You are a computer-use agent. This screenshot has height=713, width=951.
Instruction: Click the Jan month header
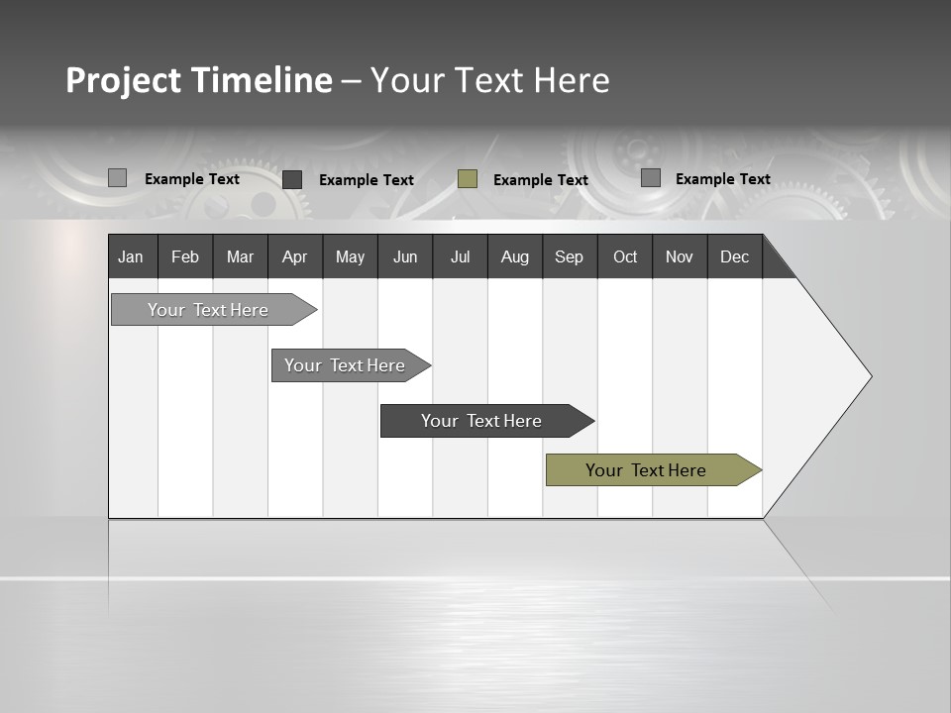pyautogui.click(x=132, y=256)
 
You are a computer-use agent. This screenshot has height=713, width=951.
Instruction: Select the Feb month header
pyautogui.click(x=185, y=256)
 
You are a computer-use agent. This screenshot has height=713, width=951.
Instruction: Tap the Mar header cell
pyautogui.click(x=240, y=256)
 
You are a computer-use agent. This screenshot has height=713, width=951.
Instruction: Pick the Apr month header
pyautogui.click(x=295, y=256)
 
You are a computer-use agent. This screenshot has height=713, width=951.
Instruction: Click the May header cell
pyautogui.click(x=350, y=256)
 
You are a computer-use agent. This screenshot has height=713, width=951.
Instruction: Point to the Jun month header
pyautogui.click(x=405, y=256)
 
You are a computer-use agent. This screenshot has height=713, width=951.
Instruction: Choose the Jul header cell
pyautogui.click(x=460, y=256)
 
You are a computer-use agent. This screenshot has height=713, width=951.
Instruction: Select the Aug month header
pyautogui.click(x=515, y=256)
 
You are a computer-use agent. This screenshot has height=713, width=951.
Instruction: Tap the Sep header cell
pyautogui.click(x=570, y=256)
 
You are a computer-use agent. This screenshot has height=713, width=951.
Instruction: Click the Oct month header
pyautogui.click(x=625, y=256)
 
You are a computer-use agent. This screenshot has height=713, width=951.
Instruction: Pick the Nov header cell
pyautogui.click(x=680, y=256)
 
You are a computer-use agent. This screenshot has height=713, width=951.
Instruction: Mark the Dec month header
pyautogui.click(x=735, y=256)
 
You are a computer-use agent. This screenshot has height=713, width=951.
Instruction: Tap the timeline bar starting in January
pyautogui.click(x=209, y=310)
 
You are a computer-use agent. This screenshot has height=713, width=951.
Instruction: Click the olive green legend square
pyautogui.click(x=468, y=179)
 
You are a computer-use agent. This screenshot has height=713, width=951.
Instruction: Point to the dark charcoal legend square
pyautogui.click(x=292, y=179)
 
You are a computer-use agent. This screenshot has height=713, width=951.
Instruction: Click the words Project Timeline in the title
pyautogui.click(x=199, y=80)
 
